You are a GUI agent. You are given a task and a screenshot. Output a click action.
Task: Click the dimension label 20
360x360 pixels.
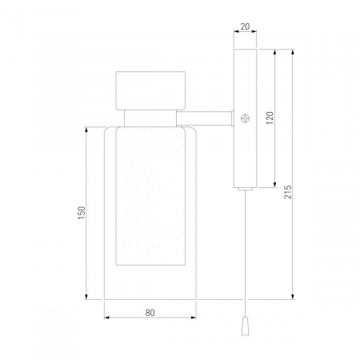[x=245, y=26]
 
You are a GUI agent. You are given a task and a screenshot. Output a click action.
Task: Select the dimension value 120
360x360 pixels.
[x=270, y=118]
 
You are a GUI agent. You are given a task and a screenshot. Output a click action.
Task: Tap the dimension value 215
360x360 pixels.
[x=288, y=192]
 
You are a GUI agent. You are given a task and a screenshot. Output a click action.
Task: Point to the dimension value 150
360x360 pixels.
[x=82, y=213]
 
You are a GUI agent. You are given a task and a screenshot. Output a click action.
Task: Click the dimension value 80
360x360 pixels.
[x=150, y=313]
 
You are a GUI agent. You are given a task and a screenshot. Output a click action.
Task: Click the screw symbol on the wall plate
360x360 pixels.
[x=245, y=118]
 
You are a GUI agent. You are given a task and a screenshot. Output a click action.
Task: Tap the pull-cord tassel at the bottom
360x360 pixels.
[x=245, y=326]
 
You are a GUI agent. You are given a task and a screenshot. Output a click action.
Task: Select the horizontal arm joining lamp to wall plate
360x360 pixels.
[x=205, y=118]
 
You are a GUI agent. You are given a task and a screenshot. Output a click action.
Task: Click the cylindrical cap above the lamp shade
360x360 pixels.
[x=150, y=90]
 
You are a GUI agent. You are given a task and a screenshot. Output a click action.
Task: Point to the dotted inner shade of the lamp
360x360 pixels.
[x=150, y=196]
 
